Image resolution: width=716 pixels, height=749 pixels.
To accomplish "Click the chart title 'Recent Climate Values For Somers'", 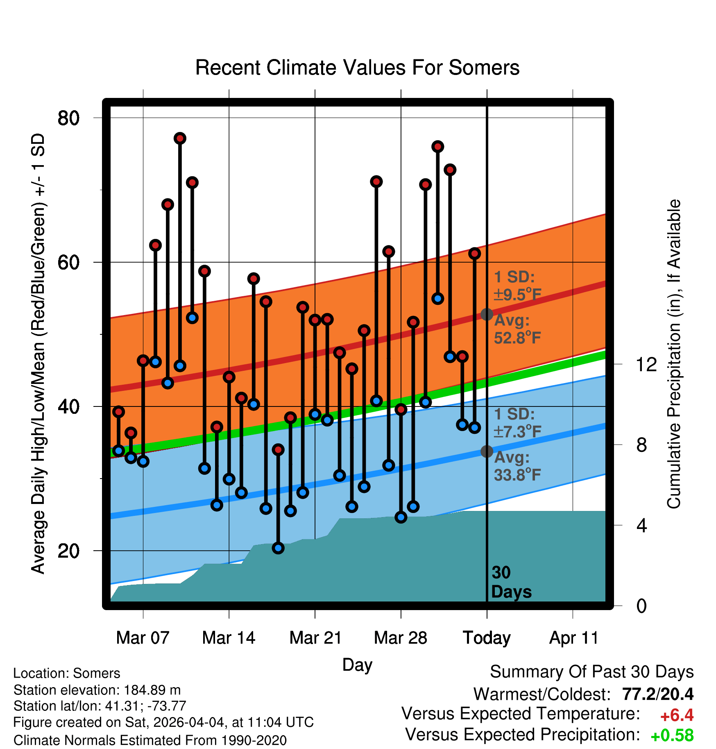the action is (x=357, y=68).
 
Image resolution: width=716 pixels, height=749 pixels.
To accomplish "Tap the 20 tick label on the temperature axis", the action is (x=68, y=551).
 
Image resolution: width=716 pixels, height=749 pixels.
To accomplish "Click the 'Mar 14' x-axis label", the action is (x=229, y=638).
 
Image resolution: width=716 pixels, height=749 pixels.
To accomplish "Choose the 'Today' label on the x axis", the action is (x=487, y=638).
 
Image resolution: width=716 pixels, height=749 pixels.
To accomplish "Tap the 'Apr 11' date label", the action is (x=573, y=638).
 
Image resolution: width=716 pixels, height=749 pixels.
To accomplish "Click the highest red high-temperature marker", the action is (x=180, y=138).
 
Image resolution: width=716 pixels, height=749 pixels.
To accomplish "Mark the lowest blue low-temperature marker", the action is (x=278, y=548).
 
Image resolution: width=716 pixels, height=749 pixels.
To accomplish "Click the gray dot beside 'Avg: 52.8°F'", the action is (x=487, y=314).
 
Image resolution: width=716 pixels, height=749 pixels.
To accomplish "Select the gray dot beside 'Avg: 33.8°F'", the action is (x=487, y=451).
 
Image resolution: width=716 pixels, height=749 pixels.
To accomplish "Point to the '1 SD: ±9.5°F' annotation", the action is (x=518, y=286).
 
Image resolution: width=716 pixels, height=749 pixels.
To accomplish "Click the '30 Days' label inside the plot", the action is (x=511, y=582).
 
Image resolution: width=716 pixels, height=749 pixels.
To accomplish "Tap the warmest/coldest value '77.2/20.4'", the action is (x=658, y=694).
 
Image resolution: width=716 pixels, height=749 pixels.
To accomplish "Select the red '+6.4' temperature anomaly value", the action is (x=677, y=715).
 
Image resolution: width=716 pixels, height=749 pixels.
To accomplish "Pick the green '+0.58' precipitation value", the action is (x=672, y=735).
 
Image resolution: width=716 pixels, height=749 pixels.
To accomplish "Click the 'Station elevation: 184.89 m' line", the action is (x=97, y=690).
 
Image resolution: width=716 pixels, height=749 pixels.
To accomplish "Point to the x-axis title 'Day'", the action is (x=357, y=665).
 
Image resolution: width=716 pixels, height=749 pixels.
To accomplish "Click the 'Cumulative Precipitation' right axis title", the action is (x=674, y=354).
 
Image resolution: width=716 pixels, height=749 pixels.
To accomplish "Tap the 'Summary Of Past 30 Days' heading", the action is (x=592, y=672).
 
